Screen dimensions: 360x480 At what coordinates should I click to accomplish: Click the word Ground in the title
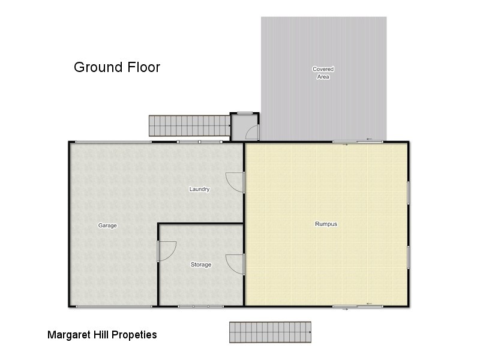[x=96, y=67]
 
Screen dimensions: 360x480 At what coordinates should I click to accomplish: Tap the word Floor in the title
[x=141, y=67]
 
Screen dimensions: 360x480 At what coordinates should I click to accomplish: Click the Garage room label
[x=107, y=226]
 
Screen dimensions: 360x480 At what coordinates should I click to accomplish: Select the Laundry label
[x=199, y=190]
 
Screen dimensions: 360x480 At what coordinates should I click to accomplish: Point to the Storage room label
[x=201, y=265]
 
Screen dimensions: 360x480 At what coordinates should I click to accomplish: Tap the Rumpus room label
[x=326, y=224]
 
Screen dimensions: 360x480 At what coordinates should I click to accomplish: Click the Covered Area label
[x=323, y=73]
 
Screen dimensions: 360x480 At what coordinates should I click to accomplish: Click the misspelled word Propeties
[x=134, y=335]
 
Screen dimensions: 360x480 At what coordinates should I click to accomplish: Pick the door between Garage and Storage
[x=166, y=251]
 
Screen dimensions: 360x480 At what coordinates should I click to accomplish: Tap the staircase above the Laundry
[x=190, y=126]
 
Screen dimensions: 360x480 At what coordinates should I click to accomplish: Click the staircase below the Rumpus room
[x=270, y=332]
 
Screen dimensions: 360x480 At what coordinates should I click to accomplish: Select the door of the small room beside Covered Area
[x=253, y=133]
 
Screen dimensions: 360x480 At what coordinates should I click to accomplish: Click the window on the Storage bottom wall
[x=200, y=307]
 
